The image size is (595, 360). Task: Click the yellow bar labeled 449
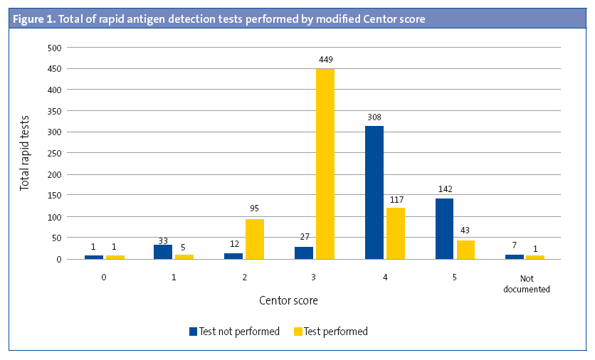click(325, 164)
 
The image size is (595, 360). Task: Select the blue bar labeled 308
click(374, 192)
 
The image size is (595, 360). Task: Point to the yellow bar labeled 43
click(465, 249)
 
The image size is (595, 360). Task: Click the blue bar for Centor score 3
click(304, 253)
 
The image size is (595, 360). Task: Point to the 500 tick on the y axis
click(55, 48)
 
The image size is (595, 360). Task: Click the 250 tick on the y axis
click(55, 153)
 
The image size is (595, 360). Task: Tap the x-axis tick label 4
click(384, 279)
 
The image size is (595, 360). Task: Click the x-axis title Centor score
click(288, 301)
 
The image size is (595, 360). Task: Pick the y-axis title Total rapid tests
click(25, 153)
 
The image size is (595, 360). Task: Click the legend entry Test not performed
click(234, 332)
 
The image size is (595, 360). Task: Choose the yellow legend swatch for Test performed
click(298, 332)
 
